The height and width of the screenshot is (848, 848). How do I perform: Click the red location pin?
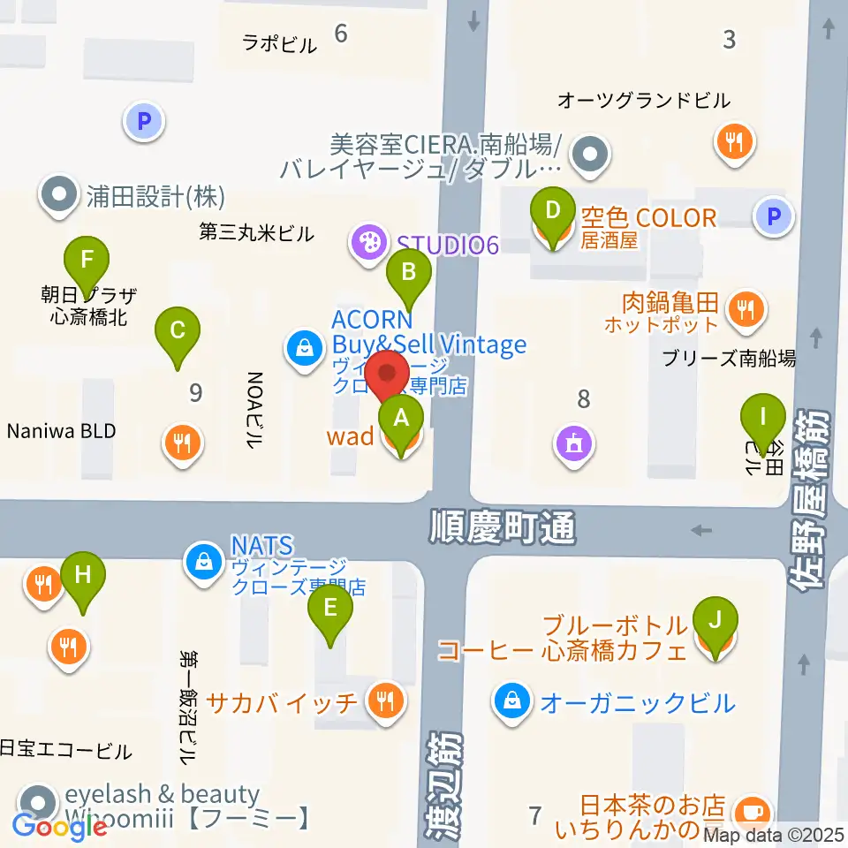tap(387, 375)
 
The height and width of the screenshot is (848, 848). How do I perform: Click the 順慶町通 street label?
tap(503, 529)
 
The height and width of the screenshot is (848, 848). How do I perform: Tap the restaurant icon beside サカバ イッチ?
tap(386, 702)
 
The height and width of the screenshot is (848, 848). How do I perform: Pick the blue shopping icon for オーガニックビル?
tap(511, 703)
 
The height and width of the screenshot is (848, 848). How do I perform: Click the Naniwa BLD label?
tap(61, 432)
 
